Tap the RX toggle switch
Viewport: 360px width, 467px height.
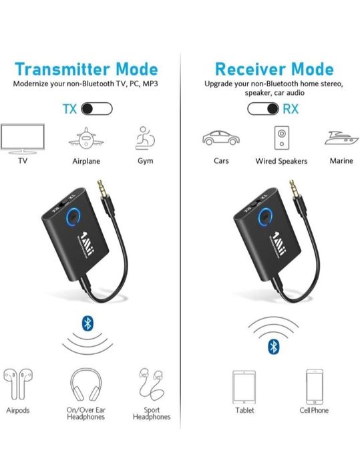[263, 108]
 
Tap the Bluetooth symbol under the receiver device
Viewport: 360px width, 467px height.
[273, 345]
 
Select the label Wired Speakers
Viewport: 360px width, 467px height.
[281, 161]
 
